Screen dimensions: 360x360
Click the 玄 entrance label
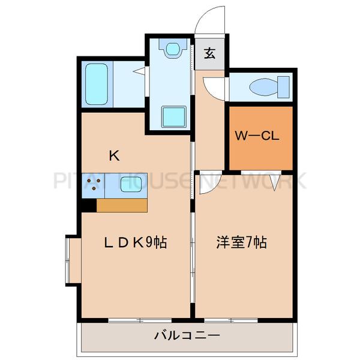click(x=209, y=54)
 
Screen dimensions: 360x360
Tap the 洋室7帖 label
click(x=241, y=243)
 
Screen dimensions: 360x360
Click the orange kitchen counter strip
click(x=122, y=205)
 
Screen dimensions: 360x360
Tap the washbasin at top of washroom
click(x=173, y=48)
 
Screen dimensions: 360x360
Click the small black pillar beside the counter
click(x=88, y=205)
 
